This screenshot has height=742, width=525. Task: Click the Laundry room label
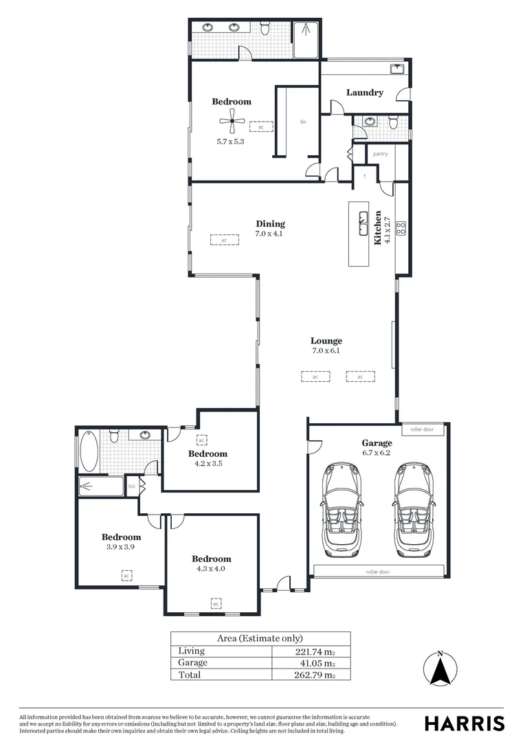point(364,93)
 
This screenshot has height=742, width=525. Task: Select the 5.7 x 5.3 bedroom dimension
point(230,142)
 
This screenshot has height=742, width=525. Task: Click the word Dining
point(270,223)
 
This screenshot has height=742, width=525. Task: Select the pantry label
point(380,154)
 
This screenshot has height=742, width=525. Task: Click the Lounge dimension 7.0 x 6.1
point(326,351)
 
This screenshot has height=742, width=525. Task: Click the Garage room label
point(377,443)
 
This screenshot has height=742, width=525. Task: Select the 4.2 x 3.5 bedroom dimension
point(208,464)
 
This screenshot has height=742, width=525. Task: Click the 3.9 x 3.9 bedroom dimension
point(121,547)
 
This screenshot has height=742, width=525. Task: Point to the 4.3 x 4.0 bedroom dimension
point(211,569)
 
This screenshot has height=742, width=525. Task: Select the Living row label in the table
point(191,651)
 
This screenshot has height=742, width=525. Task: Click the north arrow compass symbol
point(440,666)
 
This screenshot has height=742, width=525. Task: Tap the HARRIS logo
point(464,723)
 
